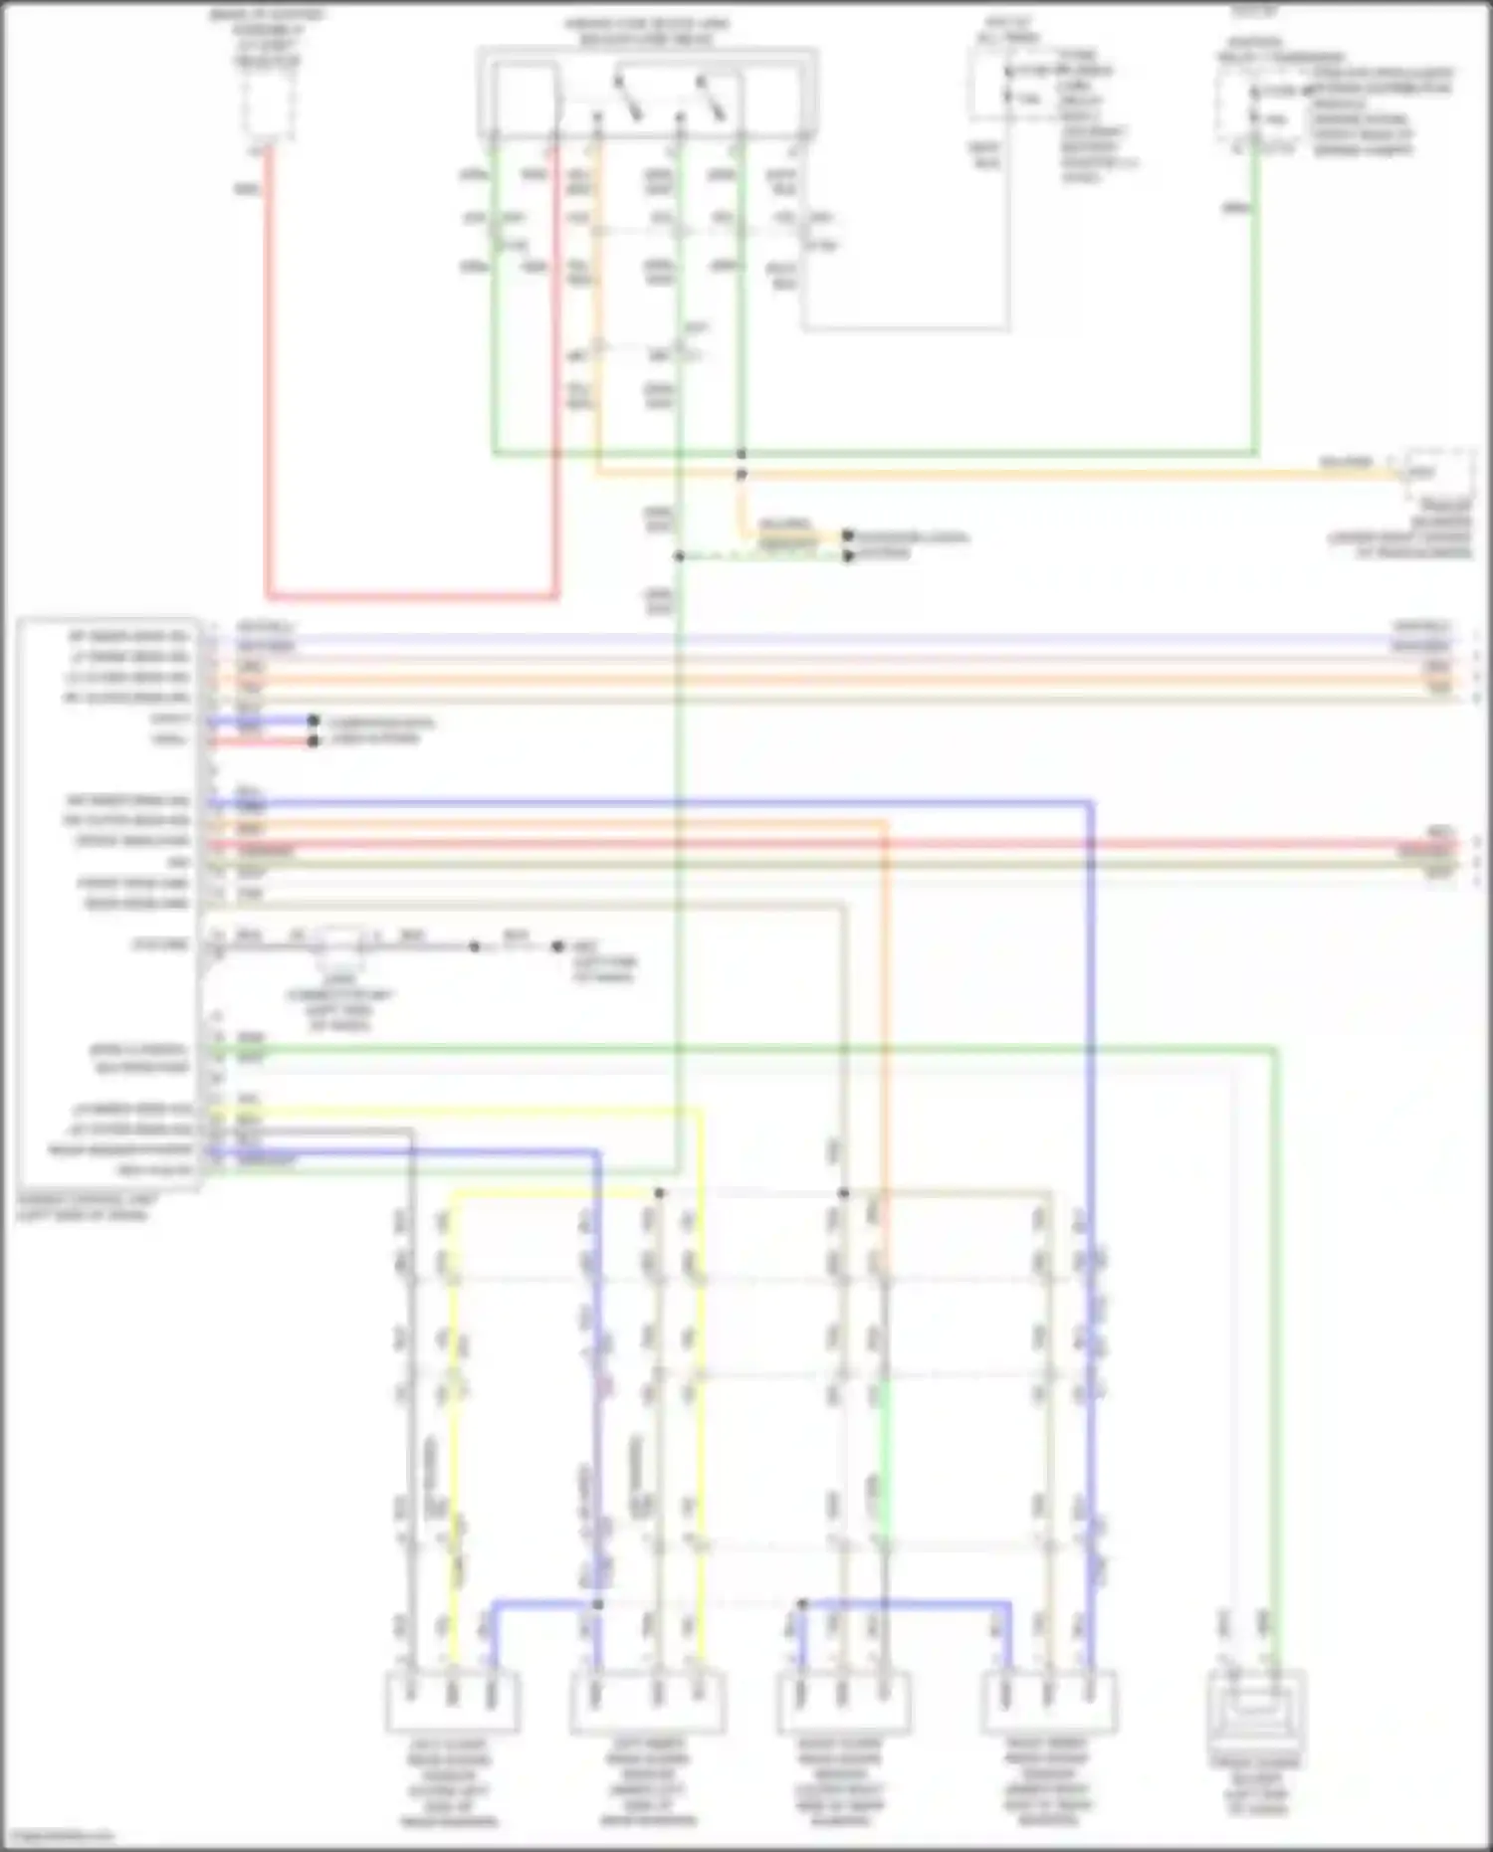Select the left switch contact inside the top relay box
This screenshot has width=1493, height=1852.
point(627,96)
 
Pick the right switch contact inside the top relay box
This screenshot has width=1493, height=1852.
point(711,96)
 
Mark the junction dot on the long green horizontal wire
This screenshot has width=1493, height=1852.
point(742,454)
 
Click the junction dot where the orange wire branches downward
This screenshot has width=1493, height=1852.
point(742,475)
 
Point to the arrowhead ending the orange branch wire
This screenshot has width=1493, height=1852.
point(847,536)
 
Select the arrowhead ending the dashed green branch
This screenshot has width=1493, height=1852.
point(847,555)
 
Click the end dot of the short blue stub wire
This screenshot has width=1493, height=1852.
point(313,720)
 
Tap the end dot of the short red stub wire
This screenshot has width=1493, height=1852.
point(313,740)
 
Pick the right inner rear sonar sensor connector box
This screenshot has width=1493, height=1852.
point(1048,1702)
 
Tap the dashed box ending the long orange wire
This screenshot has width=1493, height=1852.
point(1438,474)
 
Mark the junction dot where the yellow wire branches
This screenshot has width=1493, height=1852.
point(659,1192)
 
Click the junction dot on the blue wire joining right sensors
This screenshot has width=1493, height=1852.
point(802,1603)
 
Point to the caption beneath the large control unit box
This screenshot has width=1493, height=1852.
point(88,1207)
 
